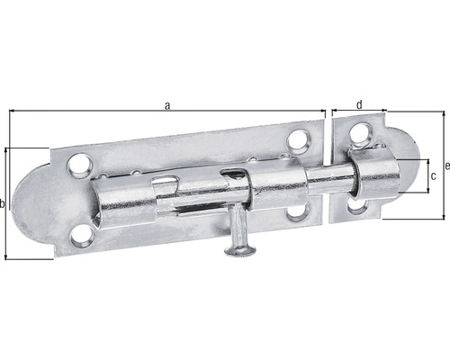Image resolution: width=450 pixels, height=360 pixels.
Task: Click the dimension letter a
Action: click(167, 105)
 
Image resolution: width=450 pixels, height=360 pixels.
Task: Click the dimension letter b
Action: click(4, 205)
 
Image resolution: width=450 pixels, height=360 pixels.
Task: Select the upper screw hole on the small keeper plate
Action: click(358, 133)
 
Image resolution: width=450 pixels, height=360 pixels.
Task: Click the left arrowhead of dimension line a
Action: click(13, 112)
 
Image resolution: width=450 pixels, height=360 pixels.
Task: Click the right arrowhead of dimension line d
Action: click(386, 112)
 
